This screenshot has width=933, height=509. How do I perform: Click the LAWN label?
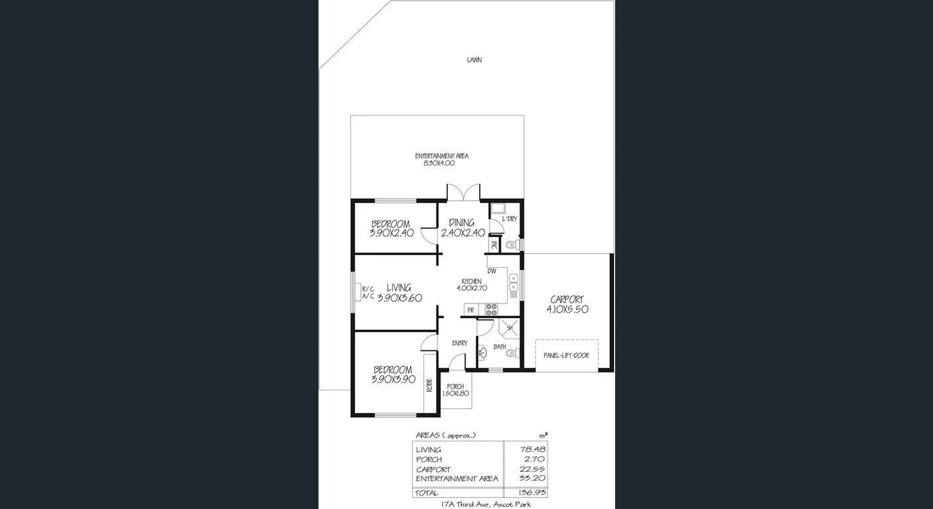(474, 60)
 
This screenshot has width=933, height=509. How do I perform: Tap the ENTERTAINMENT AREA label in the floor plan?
(441, 159)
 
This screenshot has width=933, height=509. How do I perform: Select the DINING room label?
(462, 227)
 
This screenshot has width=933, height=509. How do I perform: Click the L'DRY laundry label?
(509, 219)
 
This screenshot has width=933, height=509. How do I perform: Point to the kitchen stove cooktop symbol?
(492, 310)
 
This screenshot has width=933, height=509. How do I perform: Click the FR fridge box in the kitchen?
(470, 310)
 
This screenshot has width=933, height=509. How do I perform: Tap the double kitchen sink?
(513, 283)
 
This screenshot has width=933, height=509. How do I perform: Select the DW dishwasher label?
(492, 271)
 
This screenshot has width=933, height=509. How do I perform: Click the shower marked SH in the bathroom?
(510, 327)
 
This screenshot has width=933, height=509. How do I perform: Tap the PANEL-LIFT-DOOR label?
(566, 356)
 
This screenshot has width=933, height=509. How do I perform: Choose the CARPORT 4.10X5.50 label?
(567, 304)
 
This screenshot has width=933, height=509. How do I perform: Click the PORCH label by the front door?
(455, 390)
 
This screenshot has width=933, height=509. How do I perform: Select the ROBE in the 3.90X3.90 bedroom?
(429, 384)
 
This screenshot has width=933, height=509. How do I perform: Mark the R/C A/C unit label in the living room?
(368, 292)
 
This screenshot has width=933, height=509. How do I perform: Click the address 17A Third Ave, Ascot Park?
(486, 504)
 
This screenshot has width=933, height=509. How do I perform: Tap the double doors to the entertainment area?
(463, 193)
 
